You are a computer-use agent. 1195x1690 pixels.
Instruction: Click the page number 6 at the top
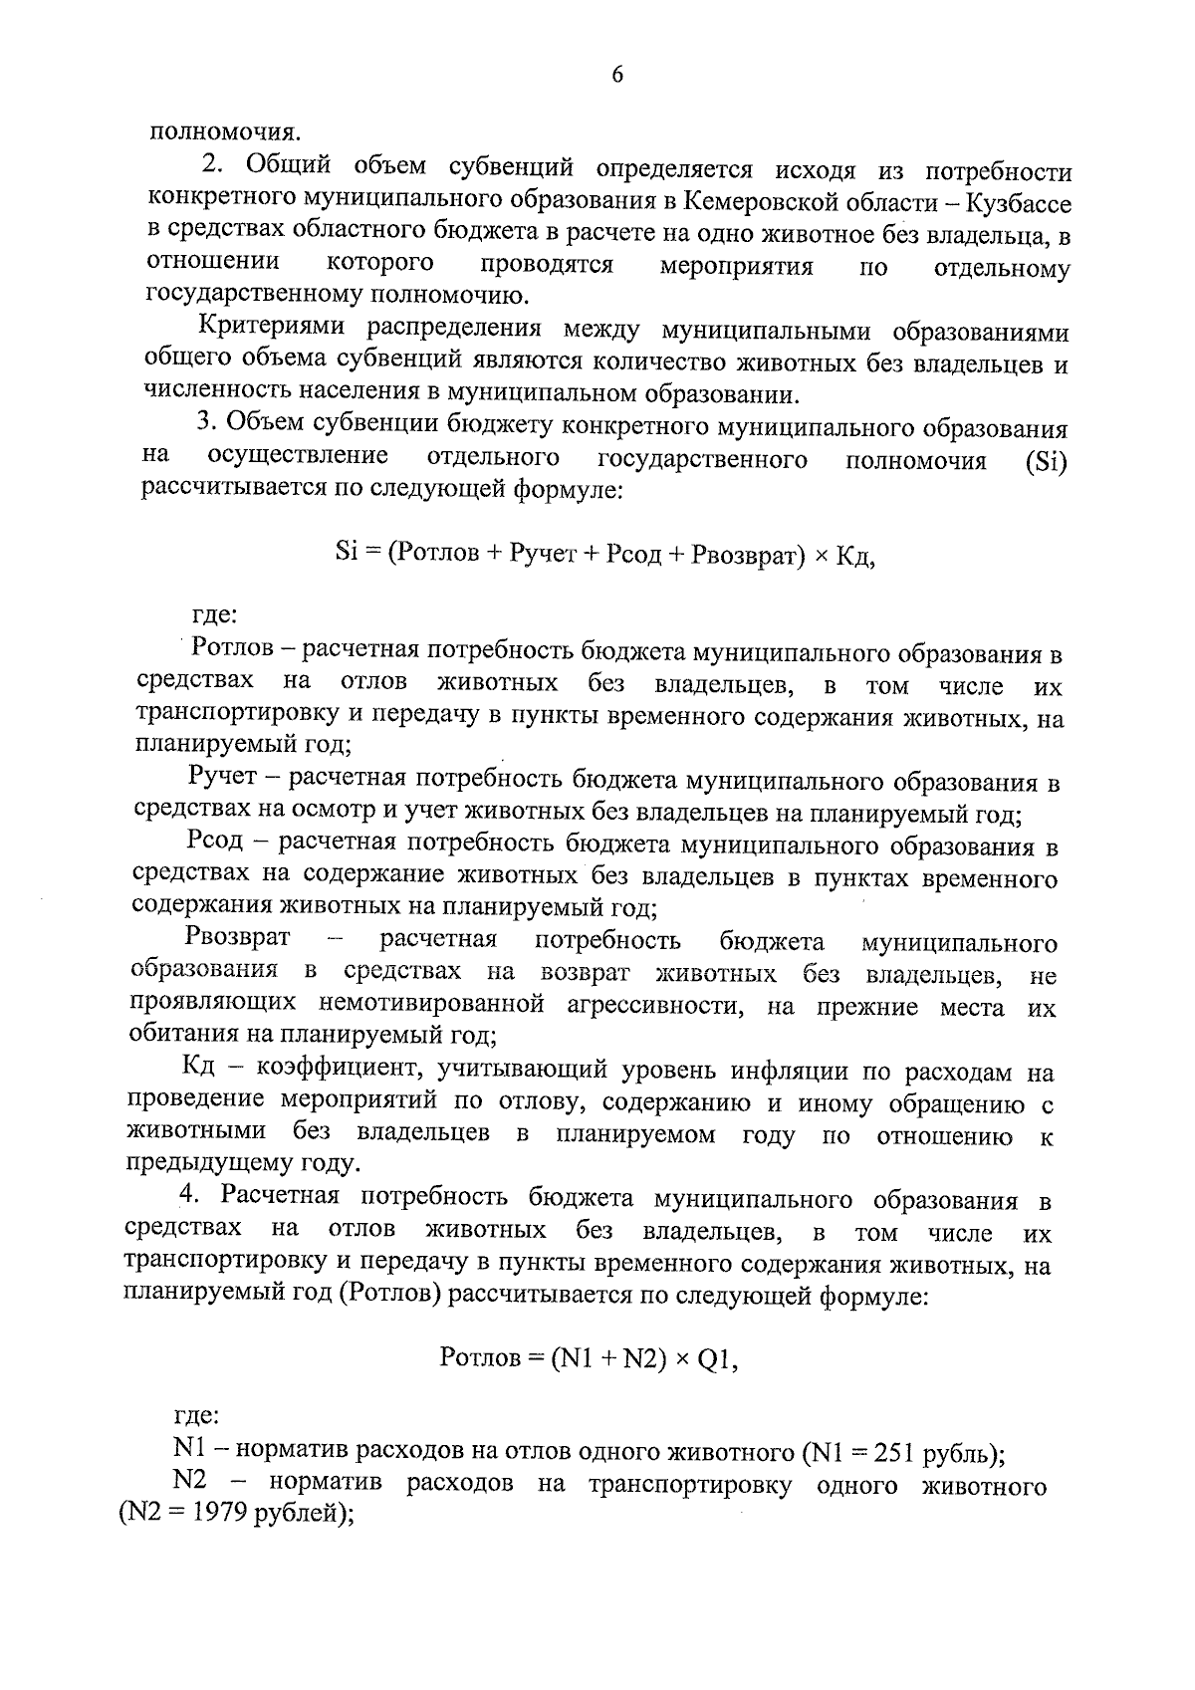pos(617,76)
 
